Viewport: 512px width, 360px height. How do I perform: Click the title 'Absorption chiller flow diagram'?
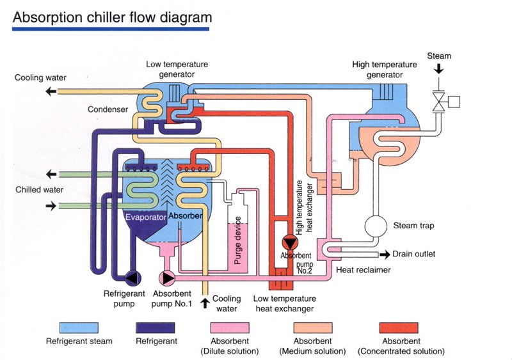(x=112, y=17)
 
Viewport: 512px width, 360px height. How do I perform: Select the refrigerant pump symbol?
(x=132, y=278)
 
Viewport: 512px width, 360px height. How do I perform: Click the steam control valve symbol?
(x=440, y=101)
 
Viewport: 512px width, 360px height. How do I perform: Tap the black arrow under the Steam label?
(x=439, y=70)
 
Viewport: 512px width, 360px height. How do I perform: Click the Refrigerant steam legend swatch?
(x=79, y=327)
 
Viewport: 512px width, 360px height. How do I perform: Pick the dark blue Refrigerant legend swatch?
(x=156, y=327)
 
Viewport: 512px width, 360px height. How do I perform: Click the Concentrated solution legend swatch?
(x=400, y=327)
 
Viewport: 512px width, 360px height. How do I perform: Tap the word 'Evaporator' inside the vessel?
(x=147, y=217)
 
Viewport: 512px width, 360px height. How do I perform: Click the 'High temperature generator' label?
(x=385, y=69)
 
